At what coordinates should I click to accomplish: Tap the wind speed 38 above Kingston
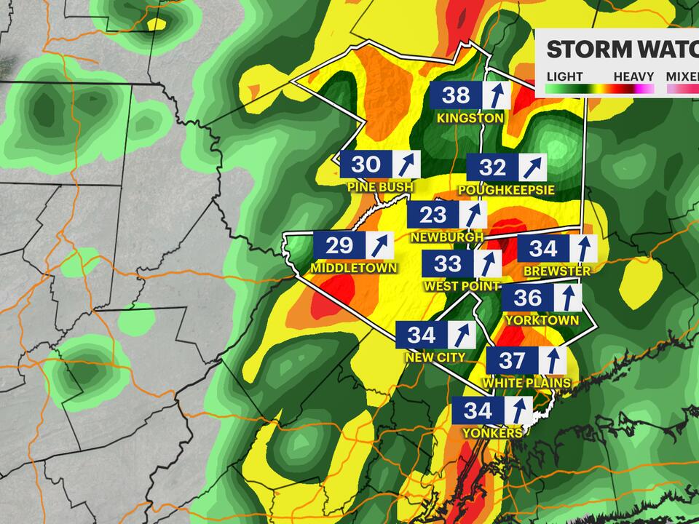pos(457,95)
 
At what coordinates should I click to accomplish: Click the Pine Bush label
pos(380,188)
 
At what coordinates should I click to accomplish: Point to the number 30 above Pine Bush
pos(366,164)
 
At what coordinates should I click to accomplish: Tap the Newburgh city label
pos(446,238)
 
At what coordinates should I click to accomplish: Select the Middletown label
pos(354,268)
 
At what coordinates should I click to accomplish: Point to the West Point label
pos(462,286)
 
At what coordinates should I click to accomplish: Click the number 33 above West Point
pos(448,263)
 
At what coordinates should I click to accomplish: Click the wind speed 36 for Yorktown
pos(528,298)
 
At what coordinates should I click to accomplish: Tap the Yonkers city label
pos(492,433)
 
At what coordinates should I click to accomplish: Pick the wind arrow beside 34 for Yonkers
pos(519,410)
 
